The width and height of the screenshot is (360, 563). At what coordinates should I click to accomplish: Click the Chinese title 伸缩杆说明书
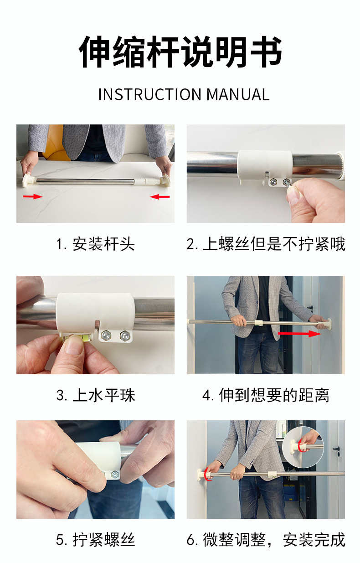(x=180, y=52)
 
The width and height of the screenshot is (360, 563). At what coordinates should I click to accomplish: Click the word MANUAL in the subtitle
(x=238, y=94)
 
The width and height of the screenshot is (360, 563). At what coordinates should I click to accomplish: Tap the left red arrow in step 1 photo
(x=33, y=196)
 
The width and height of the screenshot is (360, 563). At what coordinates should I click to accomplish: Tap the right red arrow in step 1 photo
(x=160, y=196)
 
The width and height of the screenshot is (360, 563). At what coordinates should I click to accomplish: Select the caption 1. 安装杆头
(x=95, y=244)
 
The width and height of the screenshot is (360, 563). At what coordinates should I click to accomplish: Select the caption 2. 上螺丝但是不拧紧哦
(x=266, y=244)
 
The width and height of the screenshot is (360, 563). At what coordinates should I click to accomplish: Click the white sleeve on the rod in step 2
(x=265, y=165)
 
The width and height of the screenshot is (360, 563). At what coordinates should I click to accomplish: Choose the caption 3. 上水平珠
(x=96, y=395)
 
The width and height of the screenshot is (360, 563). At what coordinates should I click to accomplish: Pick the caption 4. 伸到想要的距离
(x=266, y=395)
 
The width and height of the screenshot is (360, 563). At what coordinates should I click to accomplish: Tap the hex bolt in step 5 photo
(x=115, y=474)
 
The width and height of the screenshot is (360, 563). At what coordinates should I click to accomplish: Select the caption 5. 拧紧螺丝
(x=95, y=539)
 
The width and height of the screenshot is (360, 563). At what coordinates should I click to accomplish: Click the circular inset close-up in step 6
(x=303, y=447)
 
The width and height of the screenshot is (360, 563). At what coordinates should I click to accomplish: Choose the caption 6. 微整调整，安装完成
(x=266, y=539)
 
